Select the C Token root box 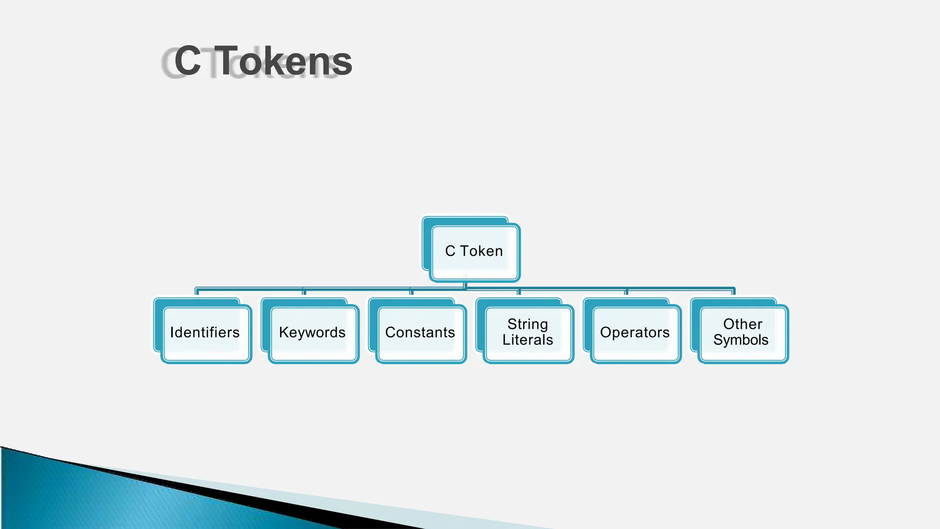point(474,251)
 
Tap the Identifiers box point(205,332)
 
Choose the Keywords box point(312,332)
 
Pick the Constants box point(420,332)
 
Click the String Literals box point(527,332)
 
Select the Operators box point(635,332)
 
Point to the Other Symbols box point(741,332)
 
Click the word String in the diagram point(527,324)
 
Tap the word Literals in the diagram point(527,340)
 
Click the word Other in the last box point(742,324)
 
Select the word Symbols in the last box point(740,340)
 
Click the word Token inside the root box point(481,251)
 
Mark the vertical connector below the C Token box point(465,285)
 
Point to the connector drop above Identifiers point(197,293)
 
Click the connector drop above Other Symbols point(733,293)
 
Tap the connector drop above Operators point(626,293)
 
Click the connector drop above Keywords point(304,293)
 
